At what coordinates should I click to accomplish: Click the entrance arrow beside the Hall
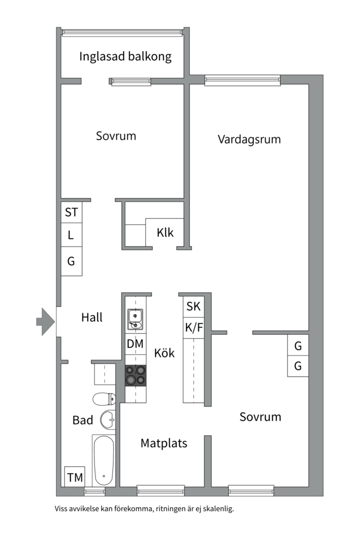pyautogui.click(x=45, y=321)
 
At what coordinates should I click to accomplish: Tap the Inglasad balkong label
pyautogui.click(x=125, y=56)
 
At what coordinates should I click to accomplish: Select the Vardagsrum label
pyautogui.click(x=249, y=139)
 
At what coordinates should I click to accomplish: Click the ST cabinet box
pyautogui.click(x=71, y=212)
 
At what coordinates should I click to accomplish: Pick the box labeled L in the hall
pyautogui.click(x=71, y=235)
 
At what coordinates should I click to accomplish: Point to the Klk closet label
pyautogui.click(x=165, y=232)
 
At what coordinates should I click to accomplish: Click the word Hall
pyautogui.click(x=91, y=317)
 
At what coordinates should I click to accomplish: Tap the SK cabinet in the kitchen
pyautogui.click(x=193, y=306)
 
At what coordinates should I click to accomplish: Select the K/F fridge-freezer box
pyautogui.click(x=193, y=328)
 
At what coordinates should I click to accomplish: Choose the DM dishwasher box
pyautogui.click(x=135, y=344)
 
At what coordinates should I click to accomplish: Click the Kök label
pyautogui.click(x=164, y=353)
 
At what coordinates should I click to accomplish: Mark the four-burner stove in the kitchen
pyautogui.click(x=135, y=375)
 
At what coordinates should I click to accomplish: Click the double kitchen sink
pyautogui.click(x=135, y=319)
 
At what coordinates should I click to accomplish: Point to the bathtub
pyautogui.click(x=103, y=460)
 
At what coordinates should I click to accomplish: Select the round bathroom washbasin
pyautogui.click(x=108, y=419)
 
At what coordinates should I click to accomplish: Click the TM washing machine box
pyautogui.click(x=75, y=477)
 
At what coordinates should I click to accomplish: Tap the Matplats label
pyautogui.click(x=163, y=443)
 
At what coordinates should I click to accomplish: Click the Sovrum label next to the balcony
pyautogui.click(x=116, y=136)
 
